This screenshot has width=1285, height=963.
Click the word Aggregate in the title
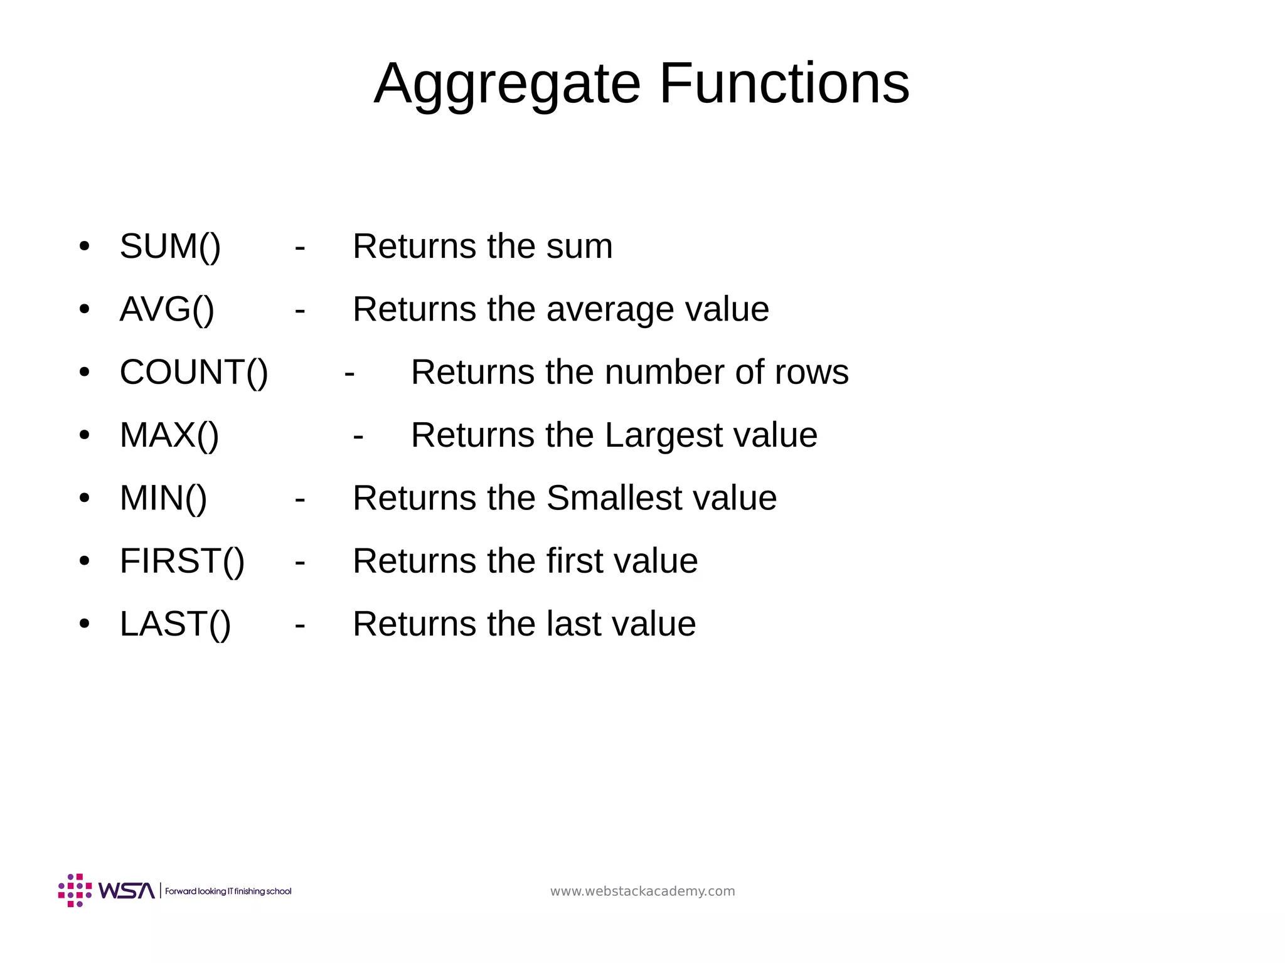[x=507, y=85]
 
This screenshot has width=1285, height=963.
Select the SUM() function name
[x=170, y=246]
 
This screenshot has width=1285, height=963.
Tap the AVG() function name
[x=167, y=309]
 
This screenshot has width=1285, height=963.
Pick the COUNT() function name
[x=194, y=372]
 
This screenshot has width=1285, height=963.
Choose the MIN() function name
[x=163, y=498]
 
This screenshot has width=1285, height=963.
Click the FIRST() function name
[x=182, y=561]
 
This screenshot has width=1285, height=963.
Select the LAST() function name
[x=175, y=624]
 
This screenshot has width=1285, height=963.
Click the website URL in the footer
[x=642, y=891]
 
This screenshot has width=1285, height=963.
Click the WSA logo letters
[x=127, y=891]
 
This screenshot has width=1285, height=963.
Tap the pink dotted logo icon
[x=75, y=890]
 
